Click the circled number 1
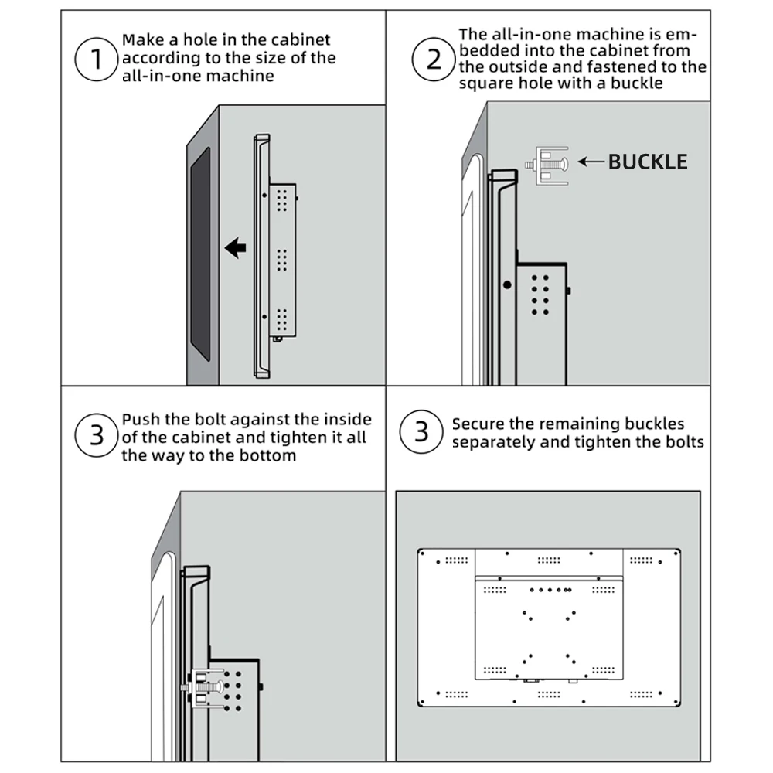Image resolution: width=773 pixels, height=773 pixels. [x=97, y=59]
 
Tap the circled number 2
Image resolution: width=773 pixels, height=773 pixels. [x=434, y=59]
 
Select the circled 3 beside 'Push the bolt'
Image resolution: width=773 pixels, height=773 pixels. [x=97, y=435]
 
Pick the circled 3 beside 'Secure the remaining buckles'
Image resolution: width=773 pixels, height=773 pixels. [x=421, y=431]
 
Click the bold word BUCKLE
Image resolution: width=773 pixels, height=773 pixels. [x=648, y=162]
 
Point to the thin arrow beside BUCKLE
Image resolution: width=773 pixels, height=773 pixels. [x=591, y=162]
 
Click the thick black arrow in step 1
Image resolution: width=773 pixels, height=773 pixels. [x=235, y=247]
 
